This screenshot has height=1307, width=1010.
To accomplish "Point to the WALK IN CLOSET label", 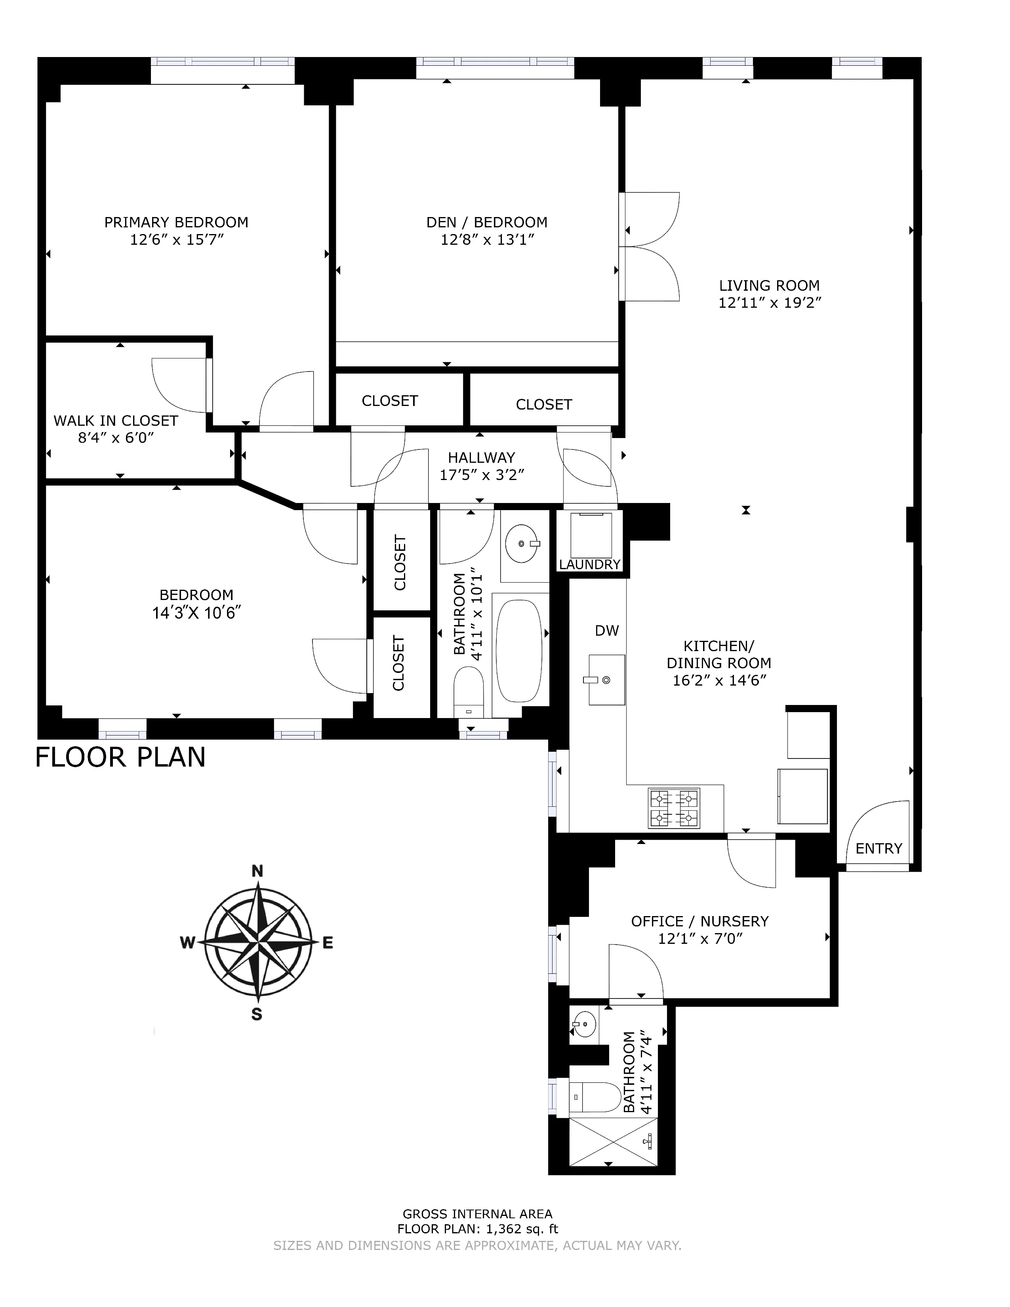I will pos(116,421).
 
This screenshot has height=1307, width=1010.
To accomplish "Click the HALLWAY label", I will pos(481,458).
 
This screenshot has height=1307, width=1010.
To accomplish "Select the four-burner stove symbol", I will pos(674,808).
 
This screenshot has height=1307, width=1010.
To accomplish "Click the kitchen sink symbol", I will pos(607,679).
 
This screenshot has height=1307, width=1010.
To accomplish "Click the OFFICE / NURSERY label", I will pos(699,922).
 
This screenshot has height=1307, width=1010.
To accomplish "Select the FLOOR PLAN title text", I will pos(120,757).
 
